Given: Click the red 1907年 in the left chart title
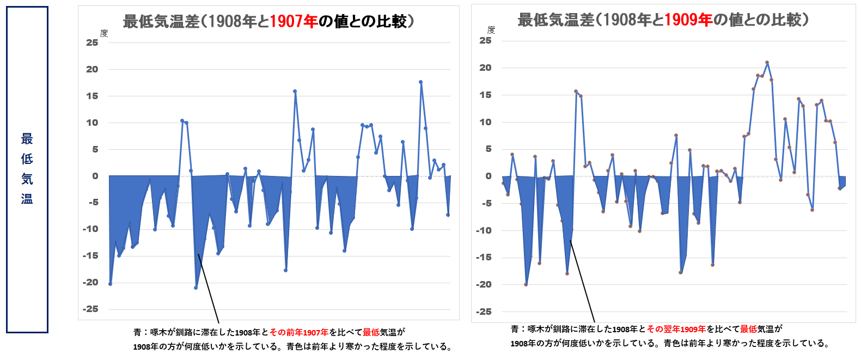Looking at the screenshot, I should [x=294, y=21].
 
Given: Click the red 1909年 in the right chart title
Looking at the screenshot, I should [x=688, y=20].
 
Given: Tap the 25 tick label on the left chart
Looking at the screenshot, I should [x=92, y=42].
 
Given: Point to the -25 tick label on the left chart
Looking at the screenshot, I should [x=90, y=309].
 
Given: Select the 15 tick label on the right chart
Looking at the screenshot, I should [x=485, y=95].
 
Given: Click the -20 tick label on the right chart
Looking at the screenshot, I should [x=484, y=284].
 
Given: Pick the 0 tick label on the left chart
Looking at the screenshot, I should [x=95, y=176].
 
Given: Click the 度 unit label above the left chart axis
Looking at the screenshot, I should [x=104, y=33].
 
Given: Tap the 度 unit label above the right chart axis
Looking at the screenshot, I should [x=491, y=30].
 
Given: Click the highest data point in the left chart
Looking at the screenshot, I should [x=420, y=82].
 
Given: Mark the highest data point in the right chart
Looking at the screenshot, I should [x=767, y=63].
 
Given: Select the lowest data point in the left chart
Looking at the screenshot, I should [x=196, y=288].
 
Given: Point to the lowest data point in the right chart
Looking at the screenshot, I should [x=526, y=284].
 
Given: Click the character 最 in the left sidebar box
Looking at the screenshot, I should [x=27, y=139].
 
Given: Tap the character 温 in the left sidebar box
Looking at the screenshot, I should [x=27, y=199].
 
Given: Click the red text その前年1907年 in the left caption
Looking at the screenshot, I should [x=299, y=332].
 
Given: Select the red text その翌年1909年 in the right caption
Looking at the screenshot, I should [x=676, y=329].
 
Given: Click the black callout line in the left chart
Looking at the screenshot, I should [x=209, y=289].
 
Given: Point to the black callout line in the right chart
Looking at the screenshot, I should [x=582, y=281].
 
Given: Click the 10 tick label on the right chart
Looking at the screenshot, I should [x=485, y=122].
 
